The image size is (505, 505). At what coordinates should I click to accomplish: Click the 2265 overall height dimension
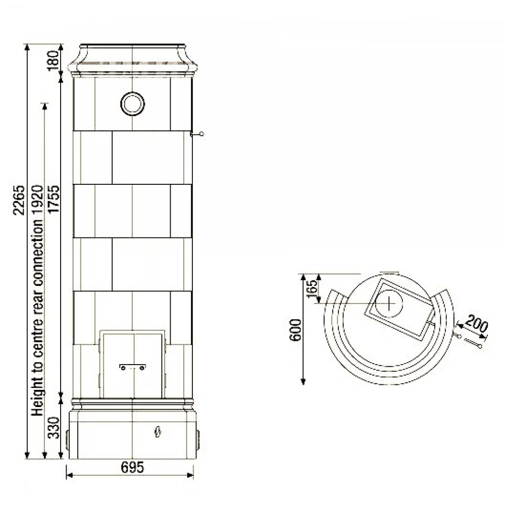tap(19, 199)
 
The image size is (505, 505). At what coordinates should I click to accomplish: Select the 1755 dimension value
tap(54, 198)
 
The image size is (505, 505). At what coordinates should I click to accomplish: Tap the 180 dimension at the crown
tap(54, 60)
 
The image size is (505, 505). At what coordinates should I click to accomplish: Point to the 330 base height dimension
tap(54, 427)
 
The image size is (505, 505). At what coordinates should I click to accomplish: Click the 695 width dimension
tap(132, 467)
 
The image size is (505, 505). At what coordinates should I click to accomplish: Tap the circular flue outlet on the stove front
tap(132, 104)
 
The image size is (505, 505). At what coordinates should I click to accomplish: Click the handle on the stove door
tap(132, 367)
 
